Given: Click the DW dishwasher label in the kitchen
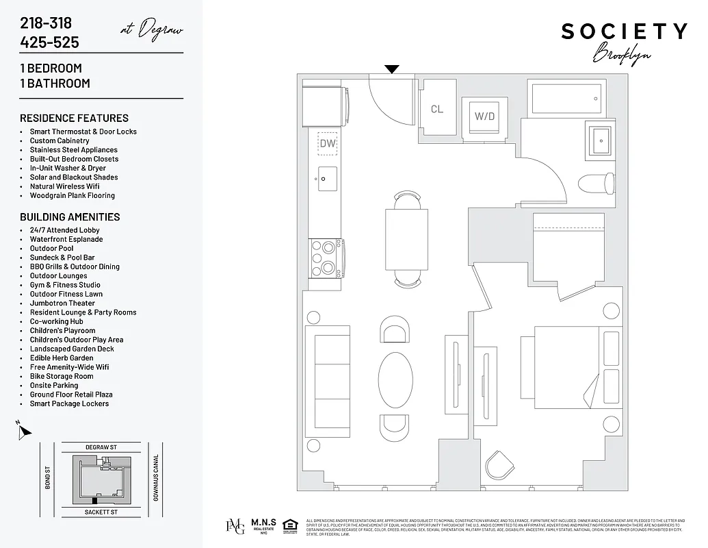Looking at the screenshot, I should point(328,144).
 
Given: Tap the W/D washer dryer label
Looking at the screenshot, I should point(484,116).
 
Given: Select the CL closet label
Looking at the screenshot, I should point(437,109).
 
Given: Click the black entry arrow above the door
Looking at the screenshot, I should point(391,69).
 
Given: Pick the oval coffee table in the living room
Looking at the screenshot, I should point(396,379).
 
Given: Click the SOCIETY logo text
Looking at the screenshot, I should point(624,32).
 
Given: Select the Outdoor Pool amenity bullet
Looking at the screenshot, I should point(51,249).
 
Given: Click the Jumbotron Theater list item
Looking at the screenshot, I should point(62,303).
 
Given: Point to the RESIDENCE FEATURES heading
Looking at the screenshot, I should point(74,118).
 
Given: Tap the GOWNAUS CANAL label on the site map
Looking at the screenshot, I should point(157,477).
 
